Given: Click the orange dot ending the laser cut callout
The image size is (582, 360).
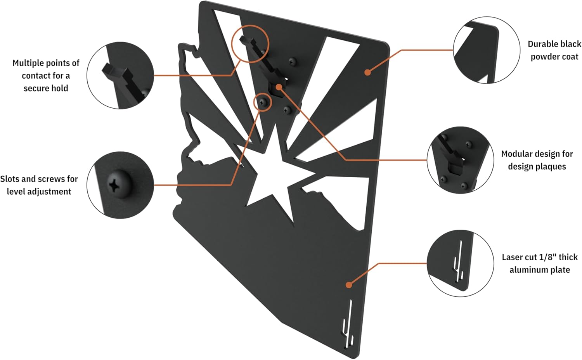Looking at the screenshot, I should [x=348, y=285].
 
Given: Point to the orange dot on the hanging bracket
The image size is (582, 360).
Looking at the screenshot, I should [x=279, y=88].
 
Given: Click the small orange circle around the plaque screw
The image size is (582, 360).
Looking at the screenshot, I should [x=263, y=102].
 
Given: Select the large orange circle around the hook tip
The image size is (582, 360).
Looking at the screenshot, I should [x=250, y=43].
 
